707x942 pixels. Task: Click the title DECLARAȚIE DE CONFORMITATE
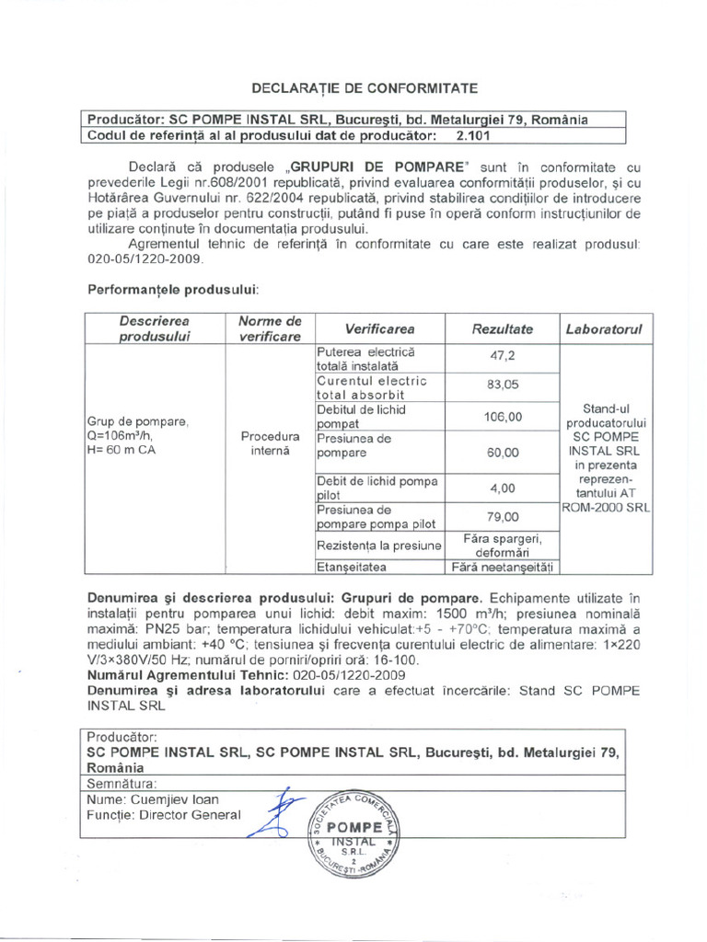(x=365, y=88)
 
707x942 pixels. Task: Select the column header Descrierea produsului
(x=154, y=328)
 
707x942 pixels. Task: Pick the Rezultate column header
(x=502, y=328)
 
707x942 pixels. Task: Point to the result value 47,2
(x=502, y=357)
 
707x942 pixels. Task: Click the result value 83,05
(x=502, y=385)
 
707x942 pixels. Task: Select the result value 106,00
(x=502, y=416)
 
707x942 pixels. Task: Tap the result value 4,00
(x=502, y=488)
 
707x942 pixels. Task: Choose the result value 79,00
(x=502, y=517)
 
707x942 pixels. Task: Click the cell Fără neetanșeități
(x=502, y=568)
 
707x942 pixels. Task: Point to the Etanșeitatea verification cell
(x=353, y=568)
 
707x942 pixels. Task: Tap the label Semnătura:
(x=122, y=784)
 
